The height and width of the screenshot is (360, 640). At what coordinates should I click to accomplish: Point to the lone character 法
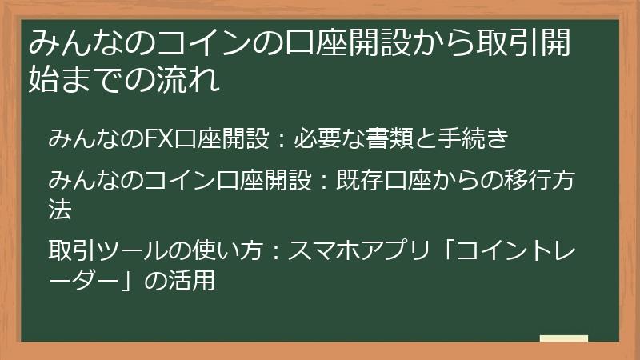[x=60, y=210]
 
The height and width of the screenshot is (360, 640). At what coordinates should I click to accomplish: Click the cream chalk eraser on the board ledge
[x=563, y=338]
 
